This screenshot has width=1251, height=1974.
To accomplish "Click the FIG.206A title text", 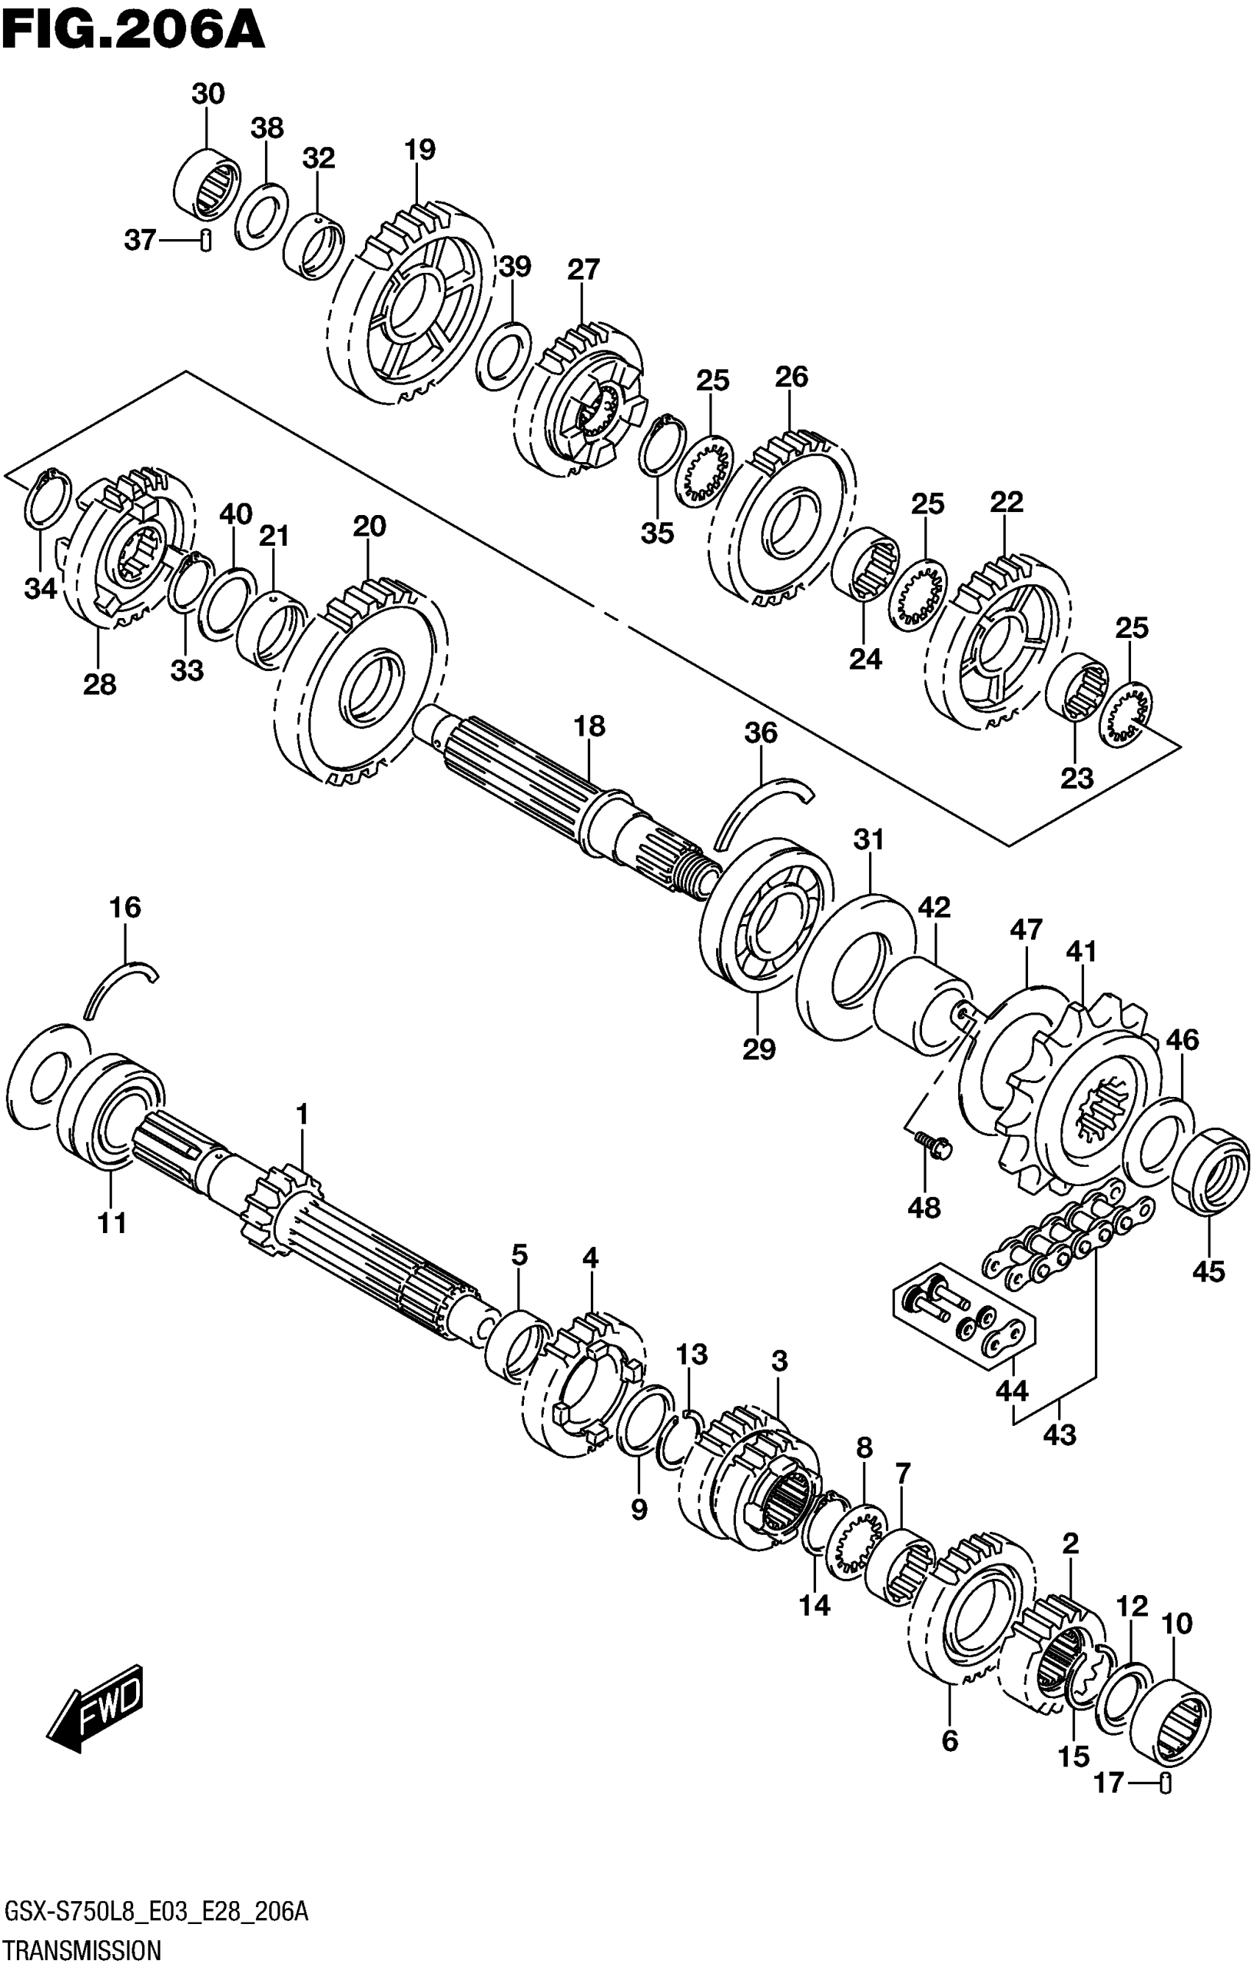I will click(132, 30).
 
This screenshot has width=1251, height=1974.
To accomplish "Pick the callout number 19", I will click(419, 150).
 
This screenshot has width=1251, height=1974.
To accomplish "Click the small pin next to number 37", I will click(206, 240).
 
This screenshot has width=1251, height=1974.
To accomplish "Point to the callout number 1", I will click(302, 1114).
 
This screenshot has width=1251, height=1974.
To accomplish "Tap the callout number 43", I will click(1060, 1435).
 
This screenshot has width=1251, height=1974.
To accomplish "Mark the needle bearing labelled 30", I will click(208, 185).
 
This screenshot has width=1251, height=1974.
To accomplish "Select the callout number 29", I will click(758, 1048).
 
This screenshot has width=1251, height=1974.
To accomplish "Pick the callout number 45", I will click(1208, 1271).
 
